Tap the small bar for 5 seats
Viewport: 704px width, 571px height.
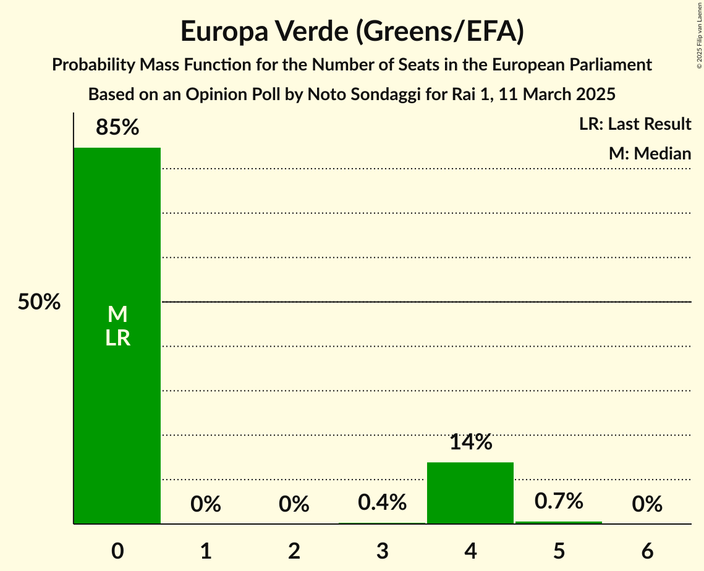pyautogui.click(x=559, y=522)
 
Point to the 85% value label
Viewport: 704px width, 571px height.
pyautogui.click(x=117, y=127)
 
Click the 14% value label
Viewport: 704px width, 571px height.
pyautogui.click(x=470, y=442)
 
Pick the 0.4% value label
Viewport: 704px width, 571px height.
pyautogui.click(x=382, y=502)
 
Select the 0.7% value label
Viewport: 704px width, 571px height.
pyautogui.click(x=559, y=501)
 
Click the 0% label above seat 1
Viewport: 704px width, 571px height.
pyautogui.click(x=206, y=504)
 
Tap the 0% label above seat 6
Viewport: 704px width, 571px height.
pyautogui.click(x=647, y=504)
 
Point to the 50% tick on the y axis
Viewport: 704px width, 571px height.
pyautogui.click(x=39, y=303)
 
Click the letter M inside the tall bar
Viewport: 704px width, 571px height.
pyautogui.click(x=117, y=315)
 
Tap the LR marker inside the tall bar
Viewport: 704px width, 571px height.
pyautogui.click(x=117, y=338)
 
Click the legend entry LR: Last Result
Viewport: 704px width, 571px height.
pyautogui.click(x=635, y=124)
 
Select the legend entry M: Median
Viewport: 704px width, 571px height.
pyautogui.click(x=650, y=153)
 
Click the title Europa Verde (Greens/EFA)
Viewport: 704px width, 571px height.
pyautogui.click(x=352, y=31)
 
